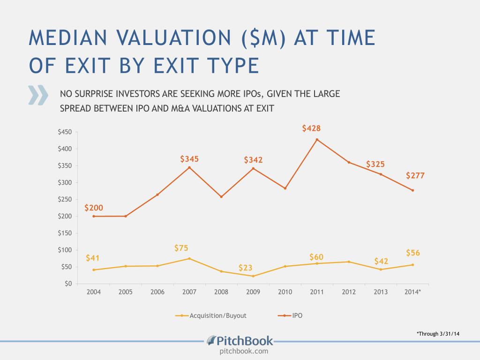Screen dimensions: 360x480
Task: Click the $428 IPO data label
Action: (x=311, y=128)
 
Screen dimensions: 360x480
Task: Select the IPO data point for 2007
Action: (x=189, y=167)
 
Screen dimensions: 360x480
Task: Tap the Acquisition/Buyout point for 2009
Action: (x=253, y=276)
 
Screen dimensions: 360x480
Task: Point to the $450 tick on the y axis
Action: (x=64, y=132)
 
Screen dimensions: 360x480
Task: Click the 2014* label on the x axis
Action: (x=412, y=292)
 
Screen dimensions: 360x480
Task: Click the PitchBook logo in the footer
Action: (x=240, y=341)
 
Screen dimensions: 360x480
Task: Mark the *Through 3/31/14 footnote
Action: (x=438, y=334)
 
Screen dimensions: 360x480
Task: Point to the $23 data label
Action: (x=246, y=268)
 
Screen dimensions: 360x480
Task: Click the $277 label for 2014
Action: (x=415, y=176)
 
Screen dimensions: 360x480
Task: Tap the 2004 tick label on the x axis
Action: (x=94, y=292)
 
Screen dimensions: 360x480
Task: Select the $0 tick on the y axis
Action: (x=67, y=284)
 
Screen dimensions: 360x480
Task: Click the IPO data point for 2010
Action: (x=285, y=188)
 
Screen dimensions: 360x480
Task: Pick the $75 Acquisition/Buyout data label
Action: (x=181, y=248)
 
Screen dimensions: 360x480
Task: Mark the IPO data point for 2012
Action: (x=349, y=162)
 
